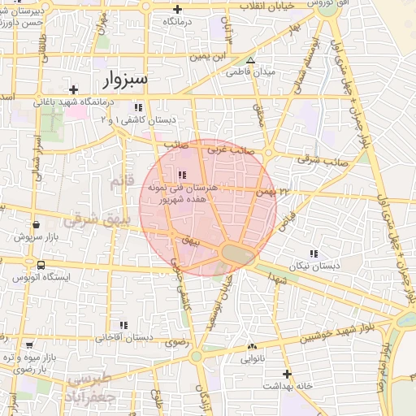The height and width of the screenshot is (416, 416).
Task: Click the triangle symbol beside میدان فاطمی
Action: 250,60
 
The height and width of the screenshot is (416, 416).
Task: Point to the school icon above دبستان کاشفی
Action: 138,107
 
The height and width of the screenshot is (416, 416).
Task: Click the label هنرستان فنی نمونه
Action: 181,187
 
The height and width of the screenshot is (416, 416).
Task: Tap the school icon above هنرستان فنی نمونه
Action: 181,175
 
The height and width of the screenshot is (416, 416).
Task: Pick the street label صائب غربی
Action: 227,149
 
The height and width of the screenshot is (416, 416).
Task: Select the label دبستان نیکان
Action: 314,266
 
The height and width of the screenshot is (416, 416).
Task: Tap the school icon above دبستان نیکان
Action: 314,253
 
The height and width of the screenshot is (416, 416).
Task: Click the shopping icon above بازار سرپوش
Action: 36,225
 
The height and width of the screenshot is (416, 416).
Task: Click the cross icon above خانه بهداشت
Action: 286,375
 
